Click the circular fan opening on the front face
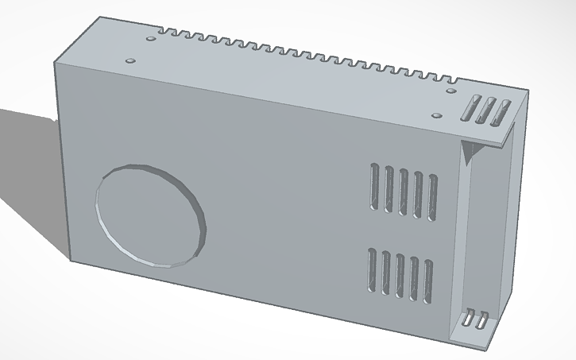coord(150,215)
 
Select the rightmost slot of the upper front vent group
coord(432,195)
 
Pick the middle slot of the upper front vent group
coord(403,191)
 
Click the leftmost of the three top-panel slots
coord(471,107)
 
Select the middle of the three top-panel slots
coord(485,110)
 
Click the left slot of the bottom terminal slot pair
coord(470,319)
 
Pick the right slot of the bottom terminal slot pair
coord(481,321)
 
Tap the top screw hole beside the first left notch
coord(151,37)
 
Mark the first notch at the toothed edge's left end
coord(162,32)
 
